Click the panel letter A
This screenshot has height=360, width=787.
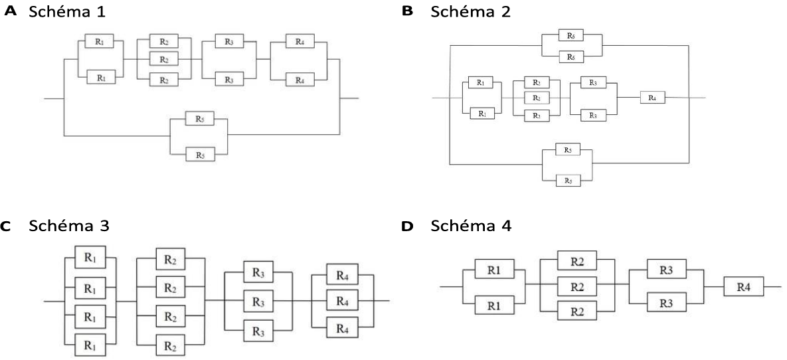point(9,12)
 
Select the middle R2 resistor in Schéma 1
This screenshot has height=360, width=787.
point(164,60)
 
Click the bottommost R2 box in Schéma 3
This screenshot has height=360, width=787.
point(169,345)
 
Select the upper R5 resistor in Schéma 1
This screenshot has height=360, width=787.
point(199,120)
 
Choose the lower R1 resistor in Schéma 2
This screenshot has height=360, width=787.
point(480,114)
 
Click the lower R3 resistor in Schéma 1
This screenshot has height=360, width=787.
point(229,79)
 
